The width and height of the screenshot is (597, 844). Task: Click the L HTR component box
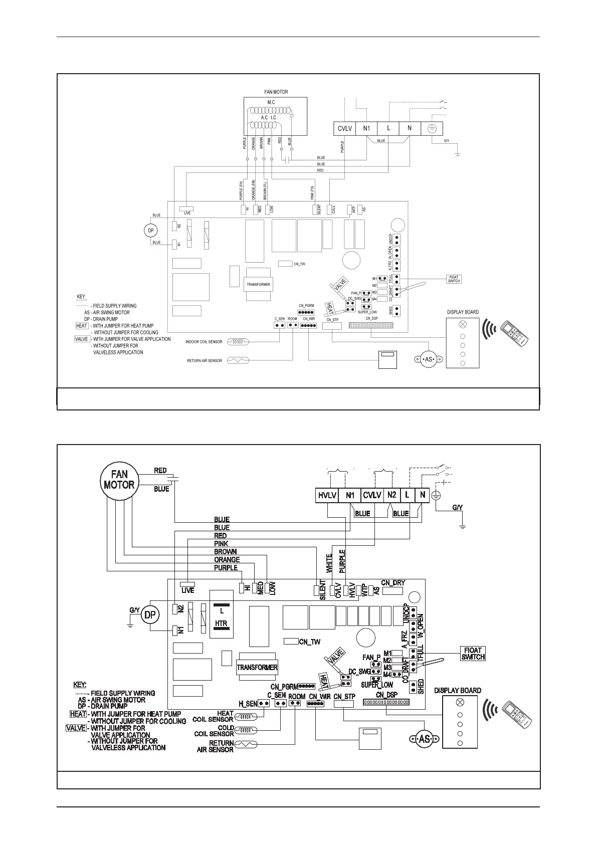(222, 618)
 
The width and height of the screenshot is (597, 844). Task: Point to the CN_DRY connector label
(393, 583)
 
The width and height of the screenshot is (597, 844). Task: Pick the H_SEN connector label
(248, 704)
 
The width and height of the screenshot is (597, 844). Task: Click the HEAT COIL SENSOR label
(215, 716)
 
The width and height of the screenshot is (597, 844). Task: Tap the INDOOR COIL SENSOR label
(204, 342)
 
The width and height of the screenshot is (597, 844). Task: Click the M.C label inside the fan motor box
(271, 102)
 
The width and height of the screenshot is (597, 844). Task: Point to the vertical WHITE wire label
(329, 563)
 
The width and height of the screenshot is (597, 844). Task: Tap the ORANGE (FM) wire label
(254, 190)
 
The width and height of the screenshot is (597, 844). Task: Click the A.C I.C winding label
(269, 117)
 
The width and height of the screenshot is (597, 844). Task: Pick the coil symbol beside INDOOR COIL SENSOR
(238, 342)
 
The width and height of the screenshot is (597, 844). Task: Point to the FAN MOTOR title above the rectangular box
(276, 92)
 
